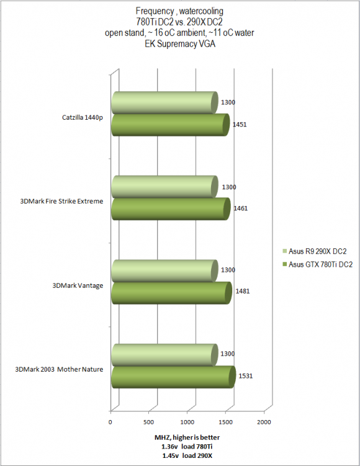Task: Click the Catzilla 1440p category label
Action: point(83,118)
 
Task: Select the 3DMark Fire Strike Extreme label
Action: point(61,201)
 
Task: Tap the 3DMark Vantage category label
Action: point(78,285)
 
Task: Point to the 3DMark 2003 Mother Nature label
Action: point(59,369)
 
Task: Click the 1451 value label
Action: point(240,125)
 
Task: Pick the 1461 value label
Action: point(240,208)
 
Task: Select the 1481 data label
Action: point(243,291)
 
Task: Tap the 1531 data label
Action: point(246,376)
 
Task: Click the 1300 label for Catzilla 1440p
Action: point(228,102)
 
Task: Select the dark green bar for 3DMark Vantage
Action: point(171,293)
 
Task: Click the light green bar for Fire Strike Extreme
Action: point(164,187)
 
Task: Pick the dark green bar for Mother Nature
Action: point(174,377)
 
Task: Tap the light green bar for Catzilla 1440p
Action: point(164,102)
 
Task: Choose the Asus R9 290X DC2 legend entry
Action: point(315,251)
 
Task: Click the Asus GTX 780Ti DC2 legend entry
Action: point(318,264)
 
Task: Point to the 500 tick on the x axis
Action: point(148,422)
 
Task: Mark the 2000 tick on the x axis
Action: point(264,422)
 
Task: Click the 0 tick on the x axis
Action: point(110,422)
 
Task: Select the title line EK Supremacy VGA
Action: point(180,44)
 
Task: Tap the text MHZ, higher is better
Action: point(187,437)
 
